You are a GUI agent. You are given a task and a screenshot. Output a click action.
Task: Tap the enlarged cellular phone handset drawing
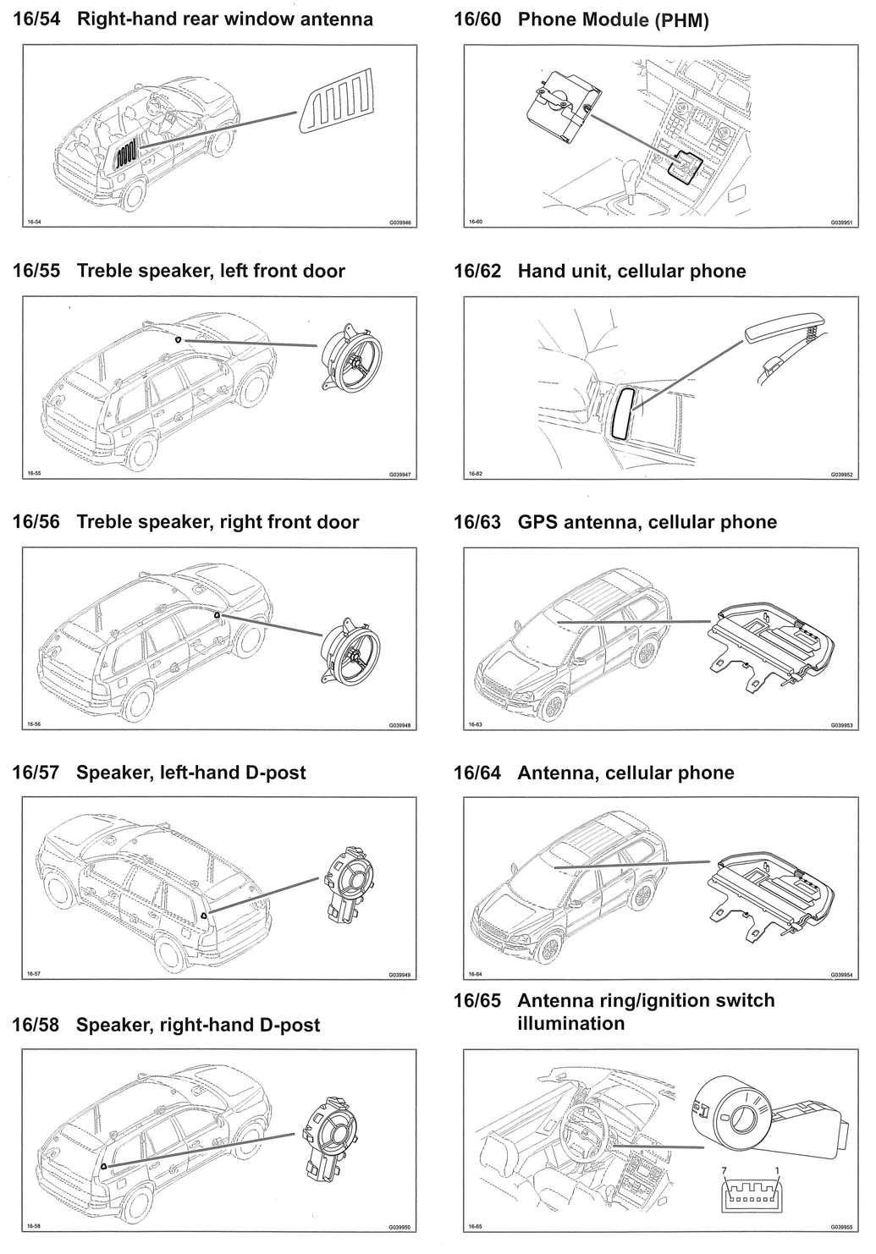(788, 329)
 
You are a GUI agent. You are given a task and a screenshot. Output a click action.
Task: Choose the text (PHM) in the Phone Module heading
(681, 20)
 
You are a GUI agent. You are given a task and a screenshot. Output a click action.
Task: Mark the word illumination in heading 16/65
(570, 1023)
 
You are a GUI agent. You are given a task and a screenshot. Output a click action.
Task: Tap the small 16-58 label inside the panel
(34, 1225)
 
